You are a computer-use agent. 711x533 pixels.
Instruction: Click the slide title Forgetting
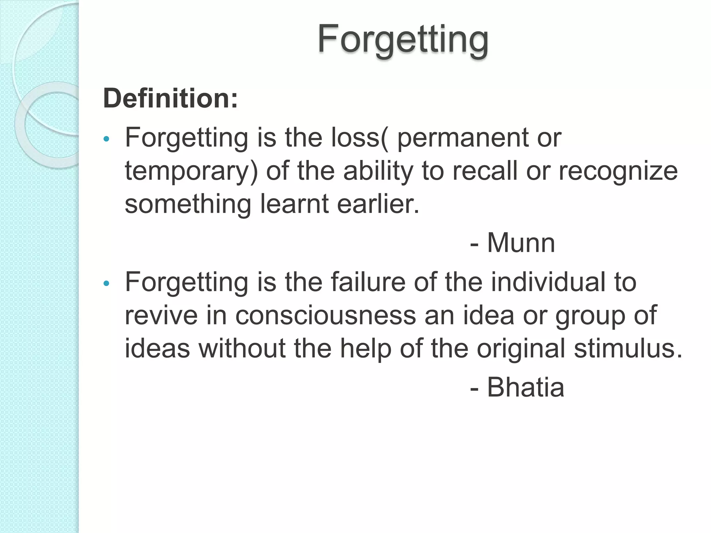click(x=403, y=39)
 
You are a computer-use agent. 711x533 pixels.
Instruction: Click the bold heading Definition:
click(x=170, y=99)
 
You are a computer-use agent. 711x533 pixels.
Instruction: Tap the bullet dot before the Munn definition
click(x=107, y=139)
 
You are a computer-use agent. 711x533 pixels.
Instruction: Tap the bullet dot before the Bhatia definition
click(x=107, y=284)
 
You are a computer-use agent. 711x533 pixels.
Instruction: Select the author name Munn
click(x=521, y=243)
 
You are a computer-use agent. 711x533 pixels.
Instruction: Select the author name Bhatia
click(x=525, y=387)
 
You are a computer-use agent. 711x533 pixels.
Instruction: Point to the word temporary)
click(x=191, y=171)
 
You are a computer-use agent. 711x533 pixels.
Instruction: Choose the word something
click(x=188, y=205)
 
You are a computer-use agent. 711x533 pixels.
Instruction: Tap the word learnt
click(x=294, y=204)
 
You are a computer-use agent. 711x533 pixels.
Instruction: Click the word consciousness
click(x=326, y=315)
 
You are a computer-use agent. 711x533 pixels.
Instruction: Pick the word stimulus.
click(x=628, y=348)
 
